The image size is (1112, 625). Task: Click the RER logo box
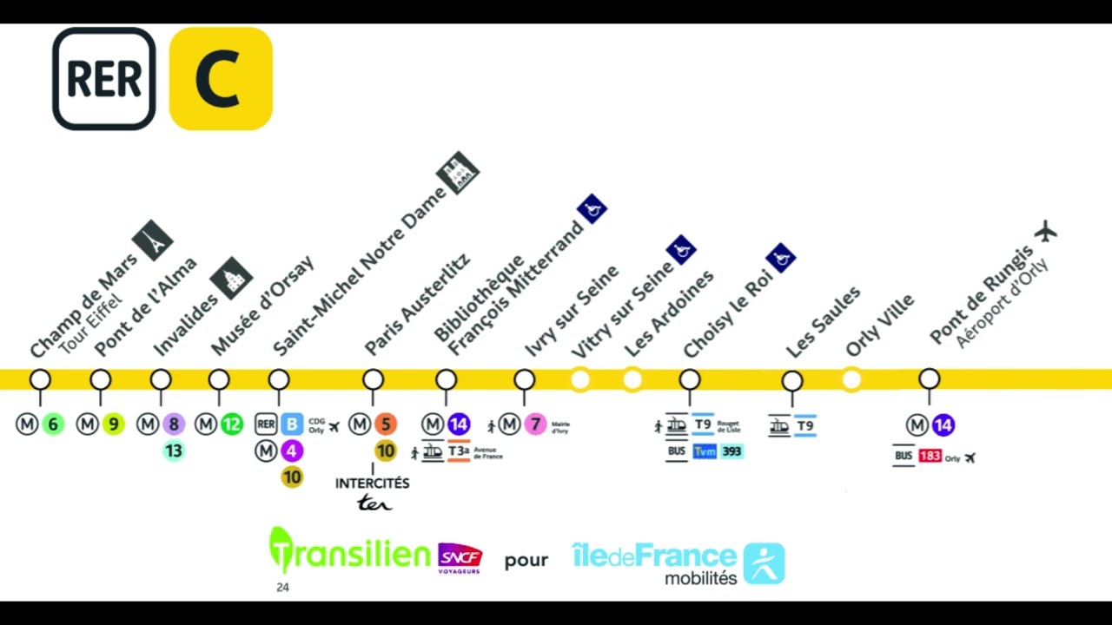[x=104, y=79]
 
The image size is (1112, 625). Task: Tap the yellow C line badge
[x=221, y=79]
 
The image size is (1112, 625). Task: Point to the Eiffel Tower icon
[x=153, y=240]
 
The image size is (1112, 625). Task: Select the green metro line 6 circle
[x=53, y=424]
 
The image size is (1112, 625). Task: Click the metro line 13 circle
[x=174, y=451]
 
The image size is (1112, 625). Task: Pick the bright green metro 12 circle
[x=231, y=424]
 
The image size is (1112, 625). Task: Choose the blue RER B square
[x=292, y=424]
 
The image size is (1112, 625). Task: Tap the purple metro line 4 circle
[x=292, y=451]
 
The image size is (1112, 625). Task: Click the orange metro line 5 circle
[x=386, y=424]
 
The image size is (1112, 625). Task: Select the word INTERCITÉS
[x=373, y=484]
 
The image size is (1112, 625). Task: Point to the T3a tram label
[x=459, y=451]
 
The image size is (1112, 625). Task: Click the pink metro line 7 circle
[x=535, y=424]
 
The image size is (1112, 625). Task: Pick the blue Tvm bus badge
[x=705, y=451]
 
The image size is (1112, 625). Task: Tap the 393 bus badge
[x=731, y=451]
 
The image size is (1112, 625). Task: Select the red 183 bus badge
[x=930, y=457]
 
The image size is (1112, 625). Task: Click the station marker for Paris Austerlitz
[x=373, y=379]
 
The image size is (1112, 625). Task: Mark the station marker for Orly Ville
[x=851, y=380]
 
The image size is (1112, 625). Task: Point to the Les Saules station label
[x=823, y=321]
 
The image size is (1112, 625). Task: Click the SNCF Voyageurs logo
[x=460, y=558]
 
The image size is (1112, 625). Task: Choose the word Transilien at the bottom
[x=350, y=552]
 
